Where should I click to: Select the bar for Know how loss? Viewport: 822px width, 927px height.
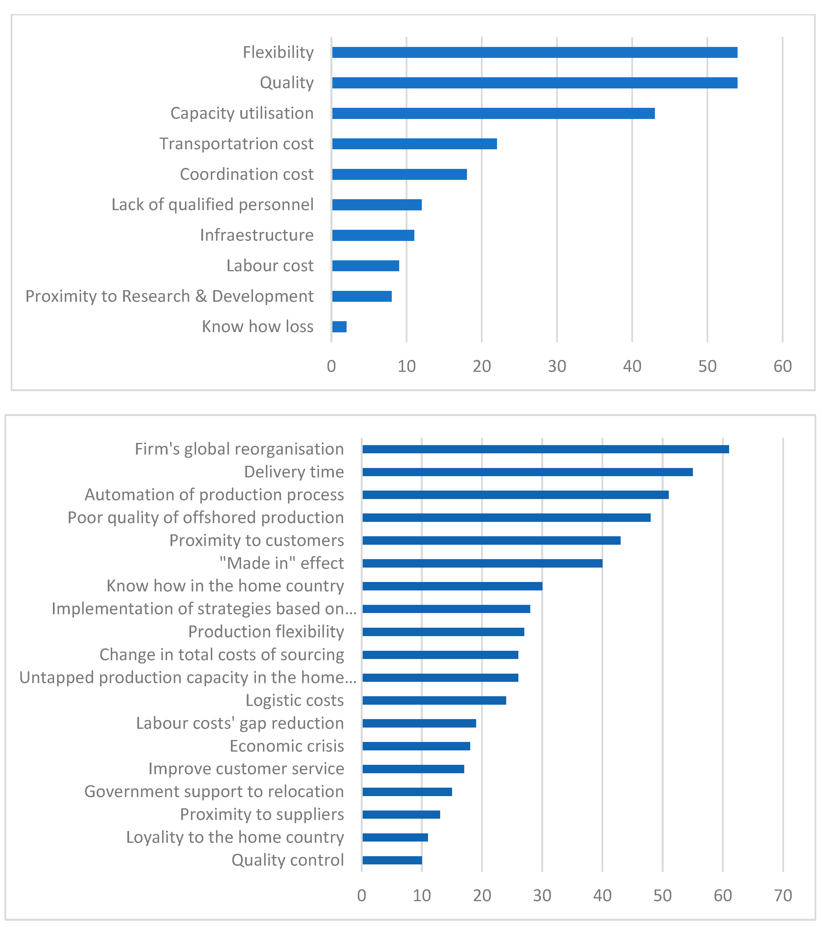339,327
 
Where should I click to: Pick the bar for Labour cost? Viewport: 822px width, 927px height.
365,266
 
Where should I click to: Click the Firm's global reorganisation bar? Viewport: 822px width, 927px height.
545,449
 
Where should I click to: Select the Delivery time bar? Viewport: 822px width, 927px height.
527,472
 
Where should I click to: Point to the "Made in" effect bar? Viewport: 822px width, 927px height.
482,563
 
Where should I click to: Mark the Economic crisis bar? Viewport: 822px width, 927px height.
416,746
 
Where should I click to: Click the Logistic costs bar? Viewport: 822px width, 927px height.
434,700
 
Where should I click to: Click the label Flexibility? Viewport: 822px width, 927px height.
278,53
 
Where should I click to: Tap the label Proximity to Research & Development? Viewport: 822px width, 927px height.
169,296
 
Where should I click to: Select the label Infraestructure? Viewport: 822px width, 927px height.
257,235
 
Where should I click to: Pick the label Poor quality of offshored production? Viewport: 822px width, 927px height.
205,517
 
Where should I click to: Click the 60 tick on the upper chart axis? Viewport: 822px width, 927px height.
783,366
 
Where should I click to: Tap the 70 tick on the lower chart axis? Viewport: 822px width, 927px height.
783,896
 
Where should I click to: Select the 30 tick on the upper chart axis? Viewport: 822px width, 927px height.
557,366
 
